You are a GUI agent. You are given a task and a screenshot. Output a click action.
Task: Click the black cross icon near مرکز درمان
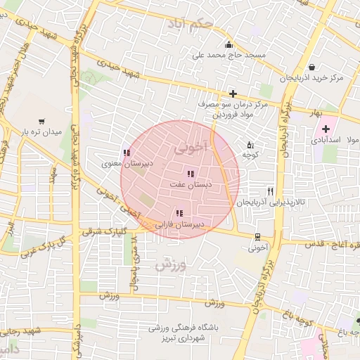click(x=233, y=93)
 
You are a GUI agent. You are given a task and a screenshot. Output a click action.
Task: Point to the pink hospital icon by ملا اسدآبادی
click(x=326, y=129)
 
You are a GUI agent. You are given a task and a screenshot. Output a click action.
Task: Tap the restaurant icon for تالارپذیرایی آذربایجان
click(x=270, y=191)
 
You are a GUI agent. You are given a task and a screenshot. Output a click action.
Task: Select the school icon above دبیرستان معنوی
click(x=126, y=153)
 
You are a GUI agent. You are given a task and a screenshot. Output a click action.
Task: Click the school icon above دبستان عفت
click(x=190, y=174)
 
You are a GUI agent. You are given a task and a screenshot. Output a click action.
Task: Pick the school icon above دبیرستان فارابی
click(x=180, y=213)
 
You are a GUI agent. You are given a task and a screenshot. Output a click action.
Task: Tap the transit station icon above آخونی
click(x=257, y=237)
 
